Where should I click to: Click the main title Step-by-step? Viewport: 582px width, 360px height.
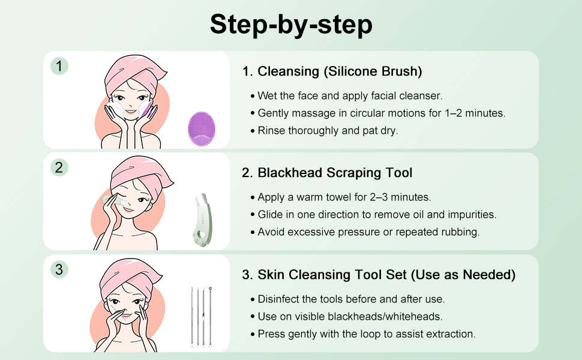tap(291, 25)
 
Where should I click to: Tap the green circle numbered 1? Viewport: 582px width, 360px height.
tap(59, 66)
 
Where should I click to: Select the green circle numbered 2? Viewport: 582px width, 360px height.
tap(59, 167)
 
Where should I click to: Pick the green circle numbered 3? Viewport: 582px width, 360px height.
tap(59, 269)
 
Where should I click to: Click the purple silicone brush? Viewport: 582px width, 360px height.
tap(202, 129)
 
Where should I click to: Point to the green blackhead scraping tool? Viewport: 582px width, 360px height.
tap(203, 219)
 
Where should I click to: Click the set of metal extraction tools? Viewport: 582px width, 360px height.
tap(201, 317)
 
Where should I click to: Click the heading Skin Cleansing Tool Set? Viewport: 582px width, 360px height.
tap(379, 275)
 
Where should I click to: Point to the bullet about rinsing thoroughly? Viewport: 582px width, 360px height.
tap(324, 131)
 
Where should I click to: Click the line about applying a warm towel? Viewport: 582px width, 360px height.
tap(341, 197)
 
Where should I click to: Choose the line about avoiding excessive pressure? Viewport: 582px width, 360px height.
tap(365, 232)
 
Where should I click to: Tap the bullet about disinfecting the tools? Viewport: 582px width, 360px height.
tap(347, 299)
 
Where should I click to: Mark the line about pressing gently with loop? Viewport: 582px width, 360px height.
tap(363, 334)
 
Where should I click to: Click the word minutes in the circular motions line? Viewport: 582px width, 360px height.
tap(485, 113)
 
